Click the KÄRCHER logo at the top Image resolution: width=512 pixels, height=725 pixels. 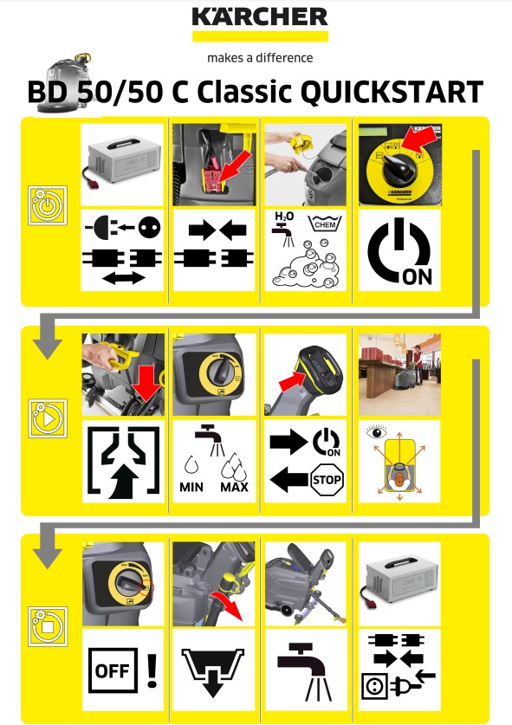click(260, 17)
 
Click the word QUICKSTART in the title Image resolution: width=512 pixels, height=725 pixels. click(392, 92)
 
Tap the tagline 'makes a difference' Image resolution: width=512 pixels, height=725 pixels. click(260, 58)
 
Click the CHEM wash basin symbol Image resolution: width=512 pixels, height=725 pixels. click(325, 223)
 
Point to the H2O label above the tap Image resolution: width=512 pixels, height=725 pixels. click(284, 217)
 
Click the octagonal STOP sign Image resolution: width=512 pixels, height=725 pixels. click(327, 480)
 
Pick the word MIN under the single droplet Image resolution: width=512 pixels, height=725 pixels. click(191, 487)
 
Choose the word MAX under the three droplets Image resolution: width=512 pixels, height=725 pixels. click(234, 487)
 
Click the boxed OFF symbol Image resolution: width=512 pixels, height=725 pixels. click(113, 670)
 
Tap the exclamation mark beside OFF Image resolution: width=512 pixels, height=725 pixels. click(152, 670)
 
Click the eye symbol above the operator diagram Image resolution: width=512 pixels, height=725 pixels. click(377, 432)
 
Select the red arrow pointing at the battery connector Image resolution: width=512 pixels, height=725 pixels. click(236, 166)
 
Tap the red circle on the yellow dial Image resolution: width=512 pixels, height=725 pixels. click(146, 587)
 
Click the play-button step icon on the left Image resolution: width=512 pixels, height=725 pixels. click(48, 418)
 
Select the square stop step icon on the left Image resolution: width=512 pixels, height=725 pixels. click(48, 626)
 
